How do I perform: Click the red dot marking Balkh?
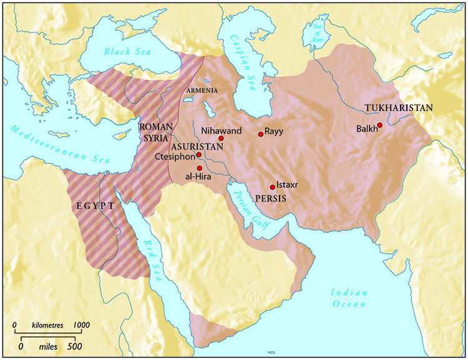point(380,125)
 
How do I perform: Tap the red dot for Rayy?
point(261,134)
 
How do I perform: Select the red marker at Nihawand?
point(221,139)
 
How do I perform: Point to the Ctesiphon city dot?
point(198,155)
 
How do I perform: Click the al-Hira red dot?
point(199,168)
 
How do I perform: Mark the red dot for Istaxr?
point(272,187)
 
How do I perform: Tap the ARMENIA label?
point(203,90)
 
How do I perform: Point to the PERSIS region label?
point(270,198)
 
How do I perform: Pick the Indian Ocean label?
point(350,298)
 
